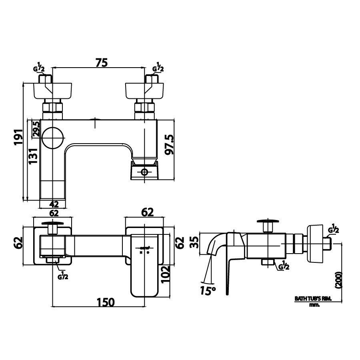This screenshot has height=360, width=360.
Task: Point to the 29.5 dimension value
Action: point(36,129)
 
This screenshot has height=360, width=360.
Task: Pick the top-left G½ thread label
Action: point(39,68)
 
